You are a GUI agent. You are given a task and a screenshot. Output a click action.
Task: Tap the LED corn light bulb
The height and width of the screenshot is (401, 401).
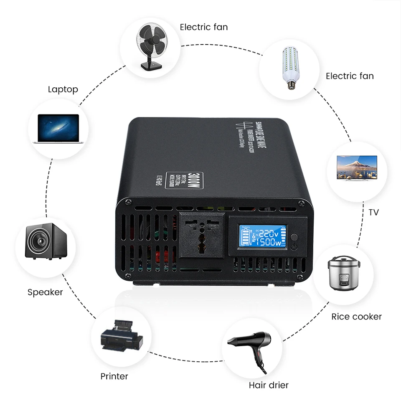(x=289, y=67)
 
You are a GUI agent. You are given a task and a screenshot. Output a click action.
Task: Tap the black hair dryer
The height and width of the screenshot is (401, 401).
(x=252, y=347)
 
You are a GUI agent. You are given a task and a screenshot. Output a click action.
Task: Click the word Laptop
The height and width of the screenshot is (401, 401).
(x=63, y=89)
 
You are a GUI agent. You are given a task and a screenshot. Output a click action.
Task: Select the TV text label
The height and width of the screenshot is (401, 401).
(x=373, y=212)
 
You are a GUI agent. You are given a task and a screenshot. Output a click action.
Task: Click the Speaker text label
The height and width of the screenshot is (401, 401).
(x=45, y=292)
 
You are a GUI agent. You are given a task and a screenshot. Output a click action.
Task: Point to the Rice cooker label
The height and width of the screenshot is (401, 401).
(x=356, y=317)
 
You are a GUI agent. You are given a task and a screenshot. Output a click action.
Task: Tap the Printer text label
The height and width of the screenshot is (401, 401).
(x=114, y=376)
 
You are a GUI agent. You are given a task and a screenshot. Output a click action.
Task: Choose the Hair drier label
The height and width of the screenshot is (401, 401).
(x=269, y=385)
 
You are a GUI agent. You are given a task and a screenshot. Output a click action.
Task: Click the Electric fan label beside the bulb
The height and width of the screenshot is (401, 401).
(x=350, y=76)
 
